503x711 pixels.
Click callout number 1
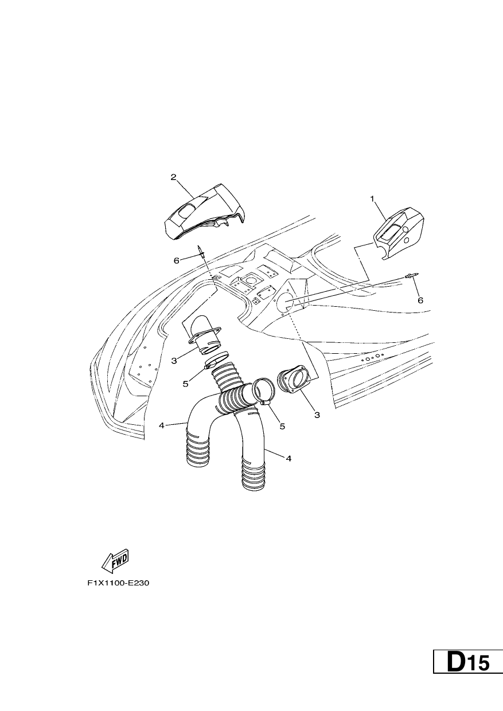[372, 199]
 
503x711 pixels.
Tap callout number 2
[173, 177]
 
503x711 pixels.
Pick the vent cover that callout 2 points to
[204, 212]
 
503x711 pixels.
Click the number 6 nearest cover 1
[420, 300]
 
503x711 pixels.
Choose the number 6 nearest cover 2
[177, 261]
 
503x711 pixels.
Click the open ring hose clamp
[264, 391]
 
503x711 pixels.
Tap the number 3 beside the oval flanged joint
[317, 415]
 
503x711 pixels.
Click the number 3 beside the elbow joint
[174, 361]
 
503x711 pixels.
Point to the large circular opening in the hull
[285, 302]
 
